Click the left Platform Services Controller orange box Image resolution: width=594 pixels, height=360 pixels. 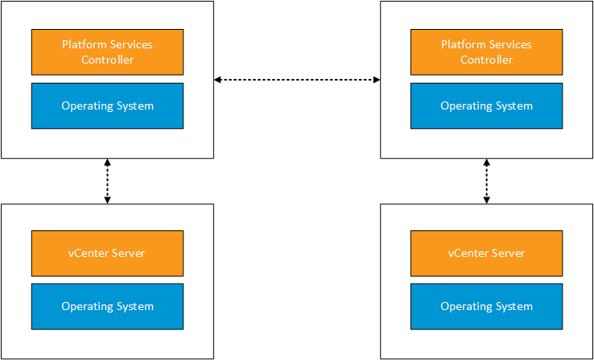click(x=107, y=52)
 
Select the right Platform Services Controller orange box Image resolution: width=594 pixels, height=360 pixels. click(x=486, y=52)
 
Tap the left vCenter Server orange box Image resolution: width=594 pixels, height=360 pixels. click(x=107, y=253)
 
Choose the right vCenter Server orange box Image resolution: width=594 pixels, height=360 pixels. click(x=486, y=253)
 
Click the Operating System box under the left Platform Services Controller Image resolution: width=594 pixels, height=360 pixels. click(x=107, y=106)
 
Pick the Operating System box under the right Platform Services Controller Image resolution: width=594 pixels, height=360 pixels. click(x=486, y=106)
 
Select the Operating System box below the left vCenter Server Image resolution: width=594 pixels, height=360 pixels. click(x=107, y=306)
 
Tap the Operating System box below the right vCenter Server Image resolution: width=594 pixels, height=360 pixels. click(x=486, y=306)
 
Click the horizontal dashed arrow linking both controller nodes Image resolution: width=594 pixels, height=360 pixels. click(x=297, y=80)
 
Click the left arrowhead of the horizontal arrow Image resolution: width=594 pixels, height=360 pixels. click(x=217, y=80)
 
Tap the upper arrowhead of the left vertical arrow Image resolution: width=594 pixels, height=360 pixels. click(x=107, y=162)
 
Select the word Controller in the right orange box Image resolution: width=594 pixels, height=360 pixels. click(x=486, y=60)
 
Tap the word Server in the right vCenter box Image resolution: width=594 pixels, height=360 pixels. click(x=509, y=253)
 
